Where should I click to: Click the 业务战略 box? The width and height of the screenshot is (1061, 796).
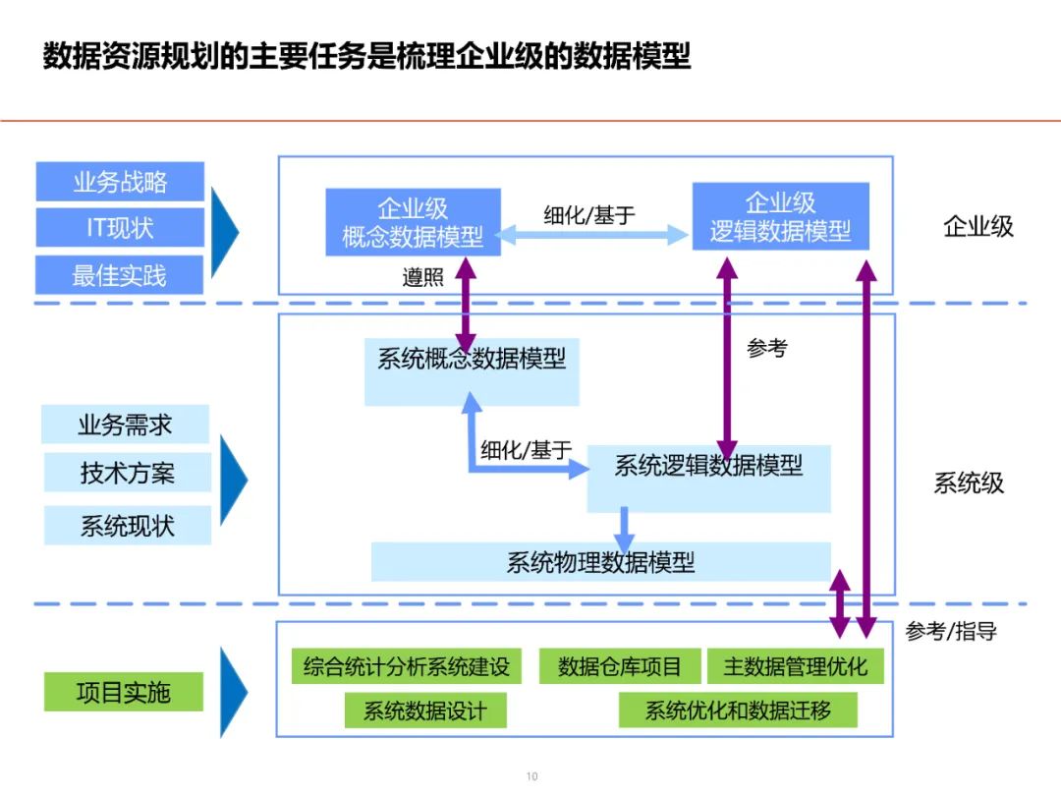point(120,182)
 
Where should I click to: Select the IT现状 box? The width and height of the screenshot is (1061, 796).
point(120,228)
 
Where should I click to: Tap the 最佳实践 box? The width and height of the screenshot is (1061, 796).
point(120,275)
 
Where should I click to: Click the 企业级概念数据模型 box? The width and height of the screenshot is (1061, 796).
point(413,222)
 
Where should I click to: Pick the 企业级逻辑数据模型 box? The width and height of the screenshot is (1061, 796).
point(780,217)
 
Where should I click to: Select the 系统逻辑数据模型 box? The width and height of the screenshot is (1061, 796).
point(708,478)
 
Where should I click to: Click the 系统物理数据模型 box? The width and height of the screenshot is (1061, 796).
point(600,562)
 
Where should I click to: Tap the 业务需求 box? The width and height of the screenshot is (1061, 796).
point(126,425)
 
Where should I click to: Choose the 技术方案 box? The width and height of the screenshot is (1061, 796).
point(127,473)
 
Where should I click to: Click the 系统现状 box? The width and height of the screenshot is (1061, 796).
point(127,525)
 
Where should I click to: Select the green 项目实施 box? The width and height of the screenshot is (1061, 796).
point(124,692)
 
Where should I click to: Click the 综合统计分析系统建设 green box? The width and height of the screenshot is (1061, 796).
point(407,666)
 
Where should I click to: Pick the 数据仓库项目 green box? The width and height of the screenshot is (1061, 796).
point(619,666)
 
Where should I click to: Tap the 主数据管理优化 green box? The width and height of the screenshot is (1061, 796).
point(795,666)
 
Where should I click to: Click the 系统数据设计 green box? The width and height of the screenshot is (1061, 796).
point(425,711)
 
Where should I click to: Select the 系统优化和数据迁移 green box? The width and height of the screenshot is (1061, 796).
point(738,711)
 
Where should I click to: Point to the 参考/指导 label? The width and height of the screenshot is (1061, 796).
point(950,631)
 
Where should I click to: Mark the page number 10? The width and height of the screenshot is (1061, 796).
point(531,776)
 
